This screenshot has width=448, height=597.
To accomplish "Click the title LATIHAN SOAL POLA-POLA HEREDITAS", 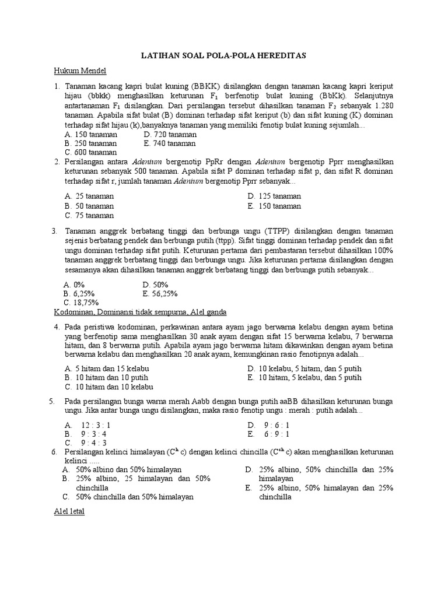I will tap(223, 55).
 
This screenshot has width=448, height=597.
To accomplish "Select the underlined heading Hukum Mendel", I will tap(80, 71).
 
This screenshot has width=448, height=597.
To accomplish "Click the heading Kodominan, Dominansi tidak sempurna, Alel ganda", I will tap(140, 312).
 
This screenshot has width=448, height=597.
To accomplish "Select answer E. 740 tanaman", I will tap(170, 143).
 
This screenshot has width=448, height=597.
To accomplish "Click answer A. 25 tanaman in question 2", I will tap(90, 196).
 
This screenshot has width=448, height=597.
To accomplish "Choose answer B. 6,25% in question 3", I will tap(80, 294).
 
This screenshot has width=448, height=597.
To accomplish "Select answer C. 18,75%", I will tap(82, 303).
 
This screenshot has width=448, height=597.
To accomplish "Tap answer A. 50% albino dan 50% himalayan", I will tap(123, 469).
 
